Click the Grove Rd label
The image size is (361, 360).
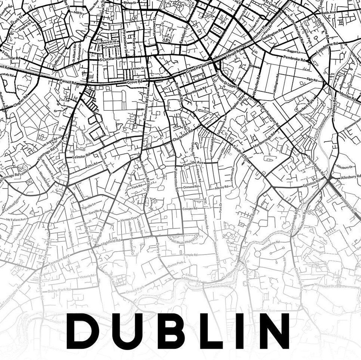point(134,82)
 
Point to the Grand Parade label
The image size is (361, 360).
point(196,69)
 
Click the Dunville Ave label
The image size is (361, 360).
point(193,163)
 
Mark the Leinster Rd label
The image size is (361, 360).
point(81,156)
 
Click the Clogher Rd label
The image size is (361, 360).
point(21,100)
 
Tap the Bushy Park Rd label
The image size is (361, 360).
point(60,290)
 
